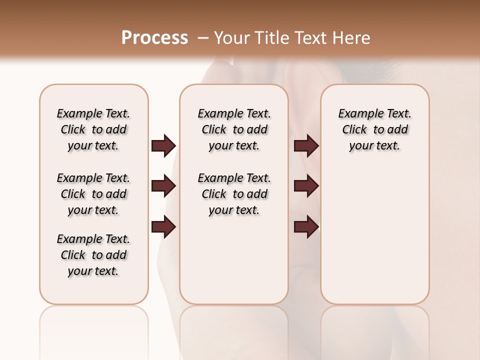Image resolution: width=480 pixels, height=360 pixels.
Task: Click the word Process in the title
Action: (154, 37)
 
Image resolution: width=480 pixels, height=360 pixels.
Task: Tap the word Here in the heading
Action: (352, 38)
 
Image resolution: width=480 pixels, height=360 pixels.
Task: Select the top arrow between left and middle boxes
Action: (163, 145)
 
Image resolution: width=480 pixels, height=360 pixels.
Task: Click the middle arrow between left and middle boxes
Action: (163, 186)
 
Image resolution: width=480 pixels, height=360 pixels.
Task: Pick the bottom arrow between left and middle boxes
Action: (163, 227)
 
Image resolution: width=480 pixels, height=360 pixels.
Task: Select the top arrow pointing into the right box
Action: (306, 145)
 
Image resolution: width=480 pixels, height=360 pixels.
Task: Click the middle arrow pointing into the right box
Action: (306, 186)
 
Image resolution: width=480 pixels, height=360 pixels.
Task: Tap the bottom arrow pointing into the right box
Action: (306, 227)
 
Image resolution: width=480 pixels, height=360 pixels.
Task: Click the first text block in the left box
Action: (93, 129)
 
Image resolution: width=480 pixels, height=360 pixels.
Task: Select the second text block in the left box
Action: (93, 194)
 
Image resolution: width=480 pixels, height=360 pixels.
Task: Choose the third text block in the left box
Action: (93, 255)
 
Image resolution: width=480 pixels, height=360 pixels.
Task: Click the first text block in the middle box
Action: (234, 129)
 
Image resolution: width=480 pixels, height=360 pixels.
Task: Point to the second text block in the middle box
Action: (234, 194)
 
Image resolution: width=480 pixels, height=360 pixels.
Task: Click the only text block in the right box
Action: (374, 129)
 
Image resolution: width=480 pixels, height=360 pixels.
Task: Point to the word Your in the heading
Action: (232, 38)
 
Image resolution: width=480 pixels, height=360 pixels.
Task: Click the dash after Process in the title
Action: (202, 38)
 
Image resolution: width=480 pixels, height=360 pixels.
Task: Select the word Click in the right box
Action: (354, 129)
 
